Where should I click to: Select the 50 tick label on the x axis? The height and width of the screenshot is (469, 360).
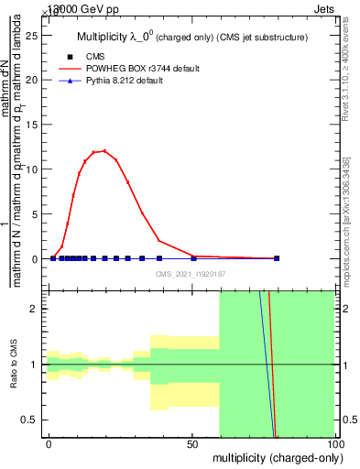192,443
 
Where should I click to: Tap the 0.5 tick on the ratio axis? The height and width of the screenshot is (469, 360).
36,420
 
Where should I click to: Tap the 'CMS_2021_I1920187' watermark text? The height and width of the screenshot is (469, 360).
191,274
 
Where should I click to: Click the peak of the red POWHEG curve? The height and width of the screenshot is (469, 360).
104,150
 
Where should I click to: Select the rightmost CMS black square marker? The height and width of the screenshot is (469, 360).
277,258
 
